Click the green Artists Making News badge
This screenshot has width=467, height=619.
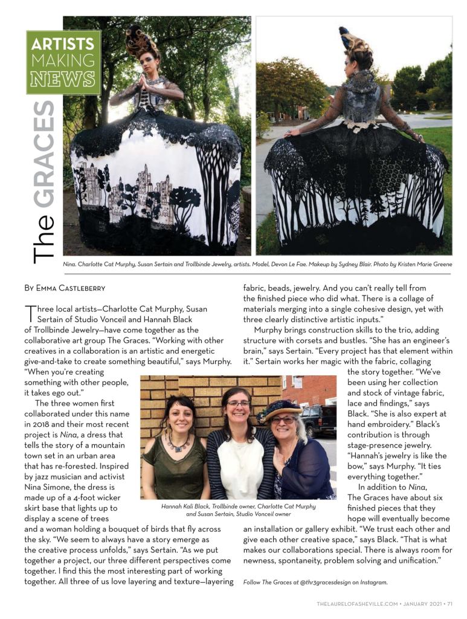coord(63,62)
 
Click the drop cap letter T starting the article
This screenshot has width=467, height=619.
coord(28,313)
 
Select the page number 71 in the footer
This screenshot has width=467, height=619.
coord(450,603)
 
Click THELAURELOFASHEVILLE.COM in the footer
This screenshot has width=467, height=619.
coord(357,603)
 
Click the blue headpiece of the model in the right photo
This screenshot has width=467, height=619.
coord(344,34)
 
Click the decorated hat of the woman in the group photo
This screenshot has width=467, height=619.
coord(280,409)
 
